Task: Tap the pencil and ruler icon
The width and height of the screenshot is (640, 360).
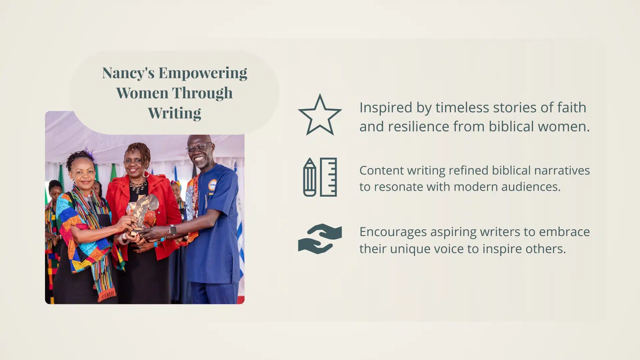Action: tap(320, 177)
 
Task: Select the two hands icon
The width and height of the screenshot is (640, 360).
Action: tap(320, 239)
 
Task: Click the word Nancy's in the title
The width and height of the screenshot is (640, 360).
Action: tap(128, 73)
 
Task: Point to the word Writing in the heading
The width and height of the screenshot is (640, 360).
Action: tap(174, 113)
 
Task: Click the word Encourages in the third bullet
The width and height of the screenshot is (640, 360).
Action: tap(393, 232)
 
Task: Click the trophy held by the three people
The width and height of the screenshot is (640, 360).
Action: tap(141, 213)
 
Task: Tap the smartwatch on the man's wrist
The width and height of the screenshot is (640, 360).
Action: tap(173, 230)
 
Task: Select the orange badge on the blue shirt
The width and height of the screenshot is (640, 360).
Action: tap(212, 185)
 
